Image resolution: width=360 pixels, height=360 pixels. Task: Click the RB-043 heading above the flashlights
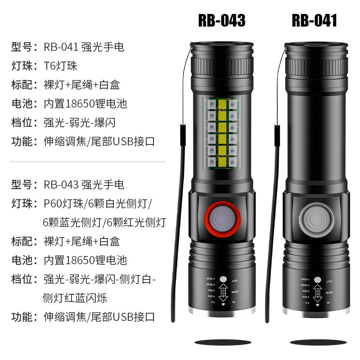221,21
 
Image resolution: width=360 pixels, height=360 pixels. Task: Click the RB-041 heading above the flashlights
314,21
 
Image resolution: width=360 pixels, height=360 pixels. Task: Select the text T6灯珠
60,66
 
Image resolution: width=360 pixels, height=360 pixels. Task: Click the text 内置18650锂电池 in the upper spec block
85,103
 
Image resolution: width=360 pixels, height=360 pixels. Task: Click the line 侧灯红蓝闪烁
75,297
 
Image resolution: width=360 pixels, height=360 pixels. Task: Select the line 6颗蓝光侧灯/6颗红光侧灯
104,222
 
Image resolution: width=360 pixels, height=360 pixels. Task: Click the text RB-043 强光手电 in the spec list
84,184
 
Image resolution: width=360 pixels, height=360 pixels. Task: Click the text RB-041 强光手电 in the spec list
84,47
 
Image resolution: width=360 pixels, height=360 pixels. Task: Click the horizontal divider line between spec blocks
88,162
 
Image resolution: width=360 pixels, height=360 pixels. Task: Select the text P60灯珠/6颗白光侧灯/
98,203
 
